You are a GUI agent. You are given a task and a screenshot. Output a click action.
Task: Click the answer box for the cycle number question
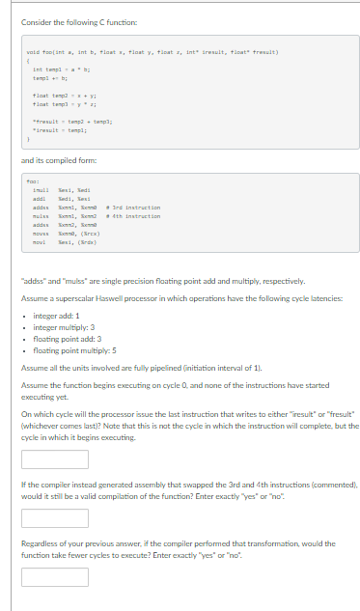pos(47,458)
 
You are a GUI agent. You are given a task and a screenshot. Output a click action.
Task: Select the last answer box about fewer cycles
pos(47,576)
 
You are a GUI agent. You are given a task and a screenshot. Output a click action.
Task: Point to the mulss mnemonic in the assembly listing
pos(40,217)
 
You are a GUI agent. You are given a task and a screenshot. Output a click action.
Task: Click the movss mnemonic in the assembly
pos(40,234)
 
